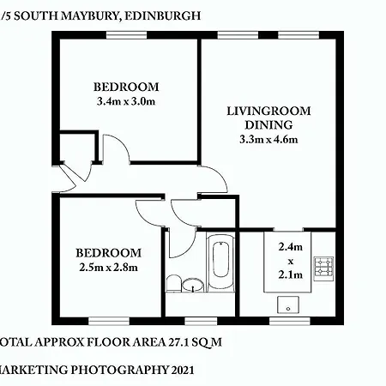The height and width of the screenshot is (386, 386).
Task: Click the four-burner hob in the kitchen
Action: [323, 268]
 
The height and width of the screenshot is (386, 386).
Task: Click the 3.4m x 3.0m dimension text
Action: [126, 101]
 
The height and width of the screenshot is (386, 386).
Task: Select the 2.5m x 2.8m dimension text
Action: [107, 267]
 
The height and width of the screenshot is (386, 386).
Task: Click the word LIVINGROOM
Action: [268, 111]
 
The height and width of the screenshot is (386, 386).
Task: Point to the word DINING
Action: [268, 124]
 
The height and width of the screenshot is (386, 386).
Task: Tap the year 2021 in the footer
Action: [178, 371]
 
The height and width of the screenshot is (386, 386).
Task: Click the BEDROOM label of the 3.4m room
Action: [126, 87]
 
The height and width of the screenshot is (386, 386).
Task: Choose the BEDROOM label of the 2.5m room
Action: [107, 252]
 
